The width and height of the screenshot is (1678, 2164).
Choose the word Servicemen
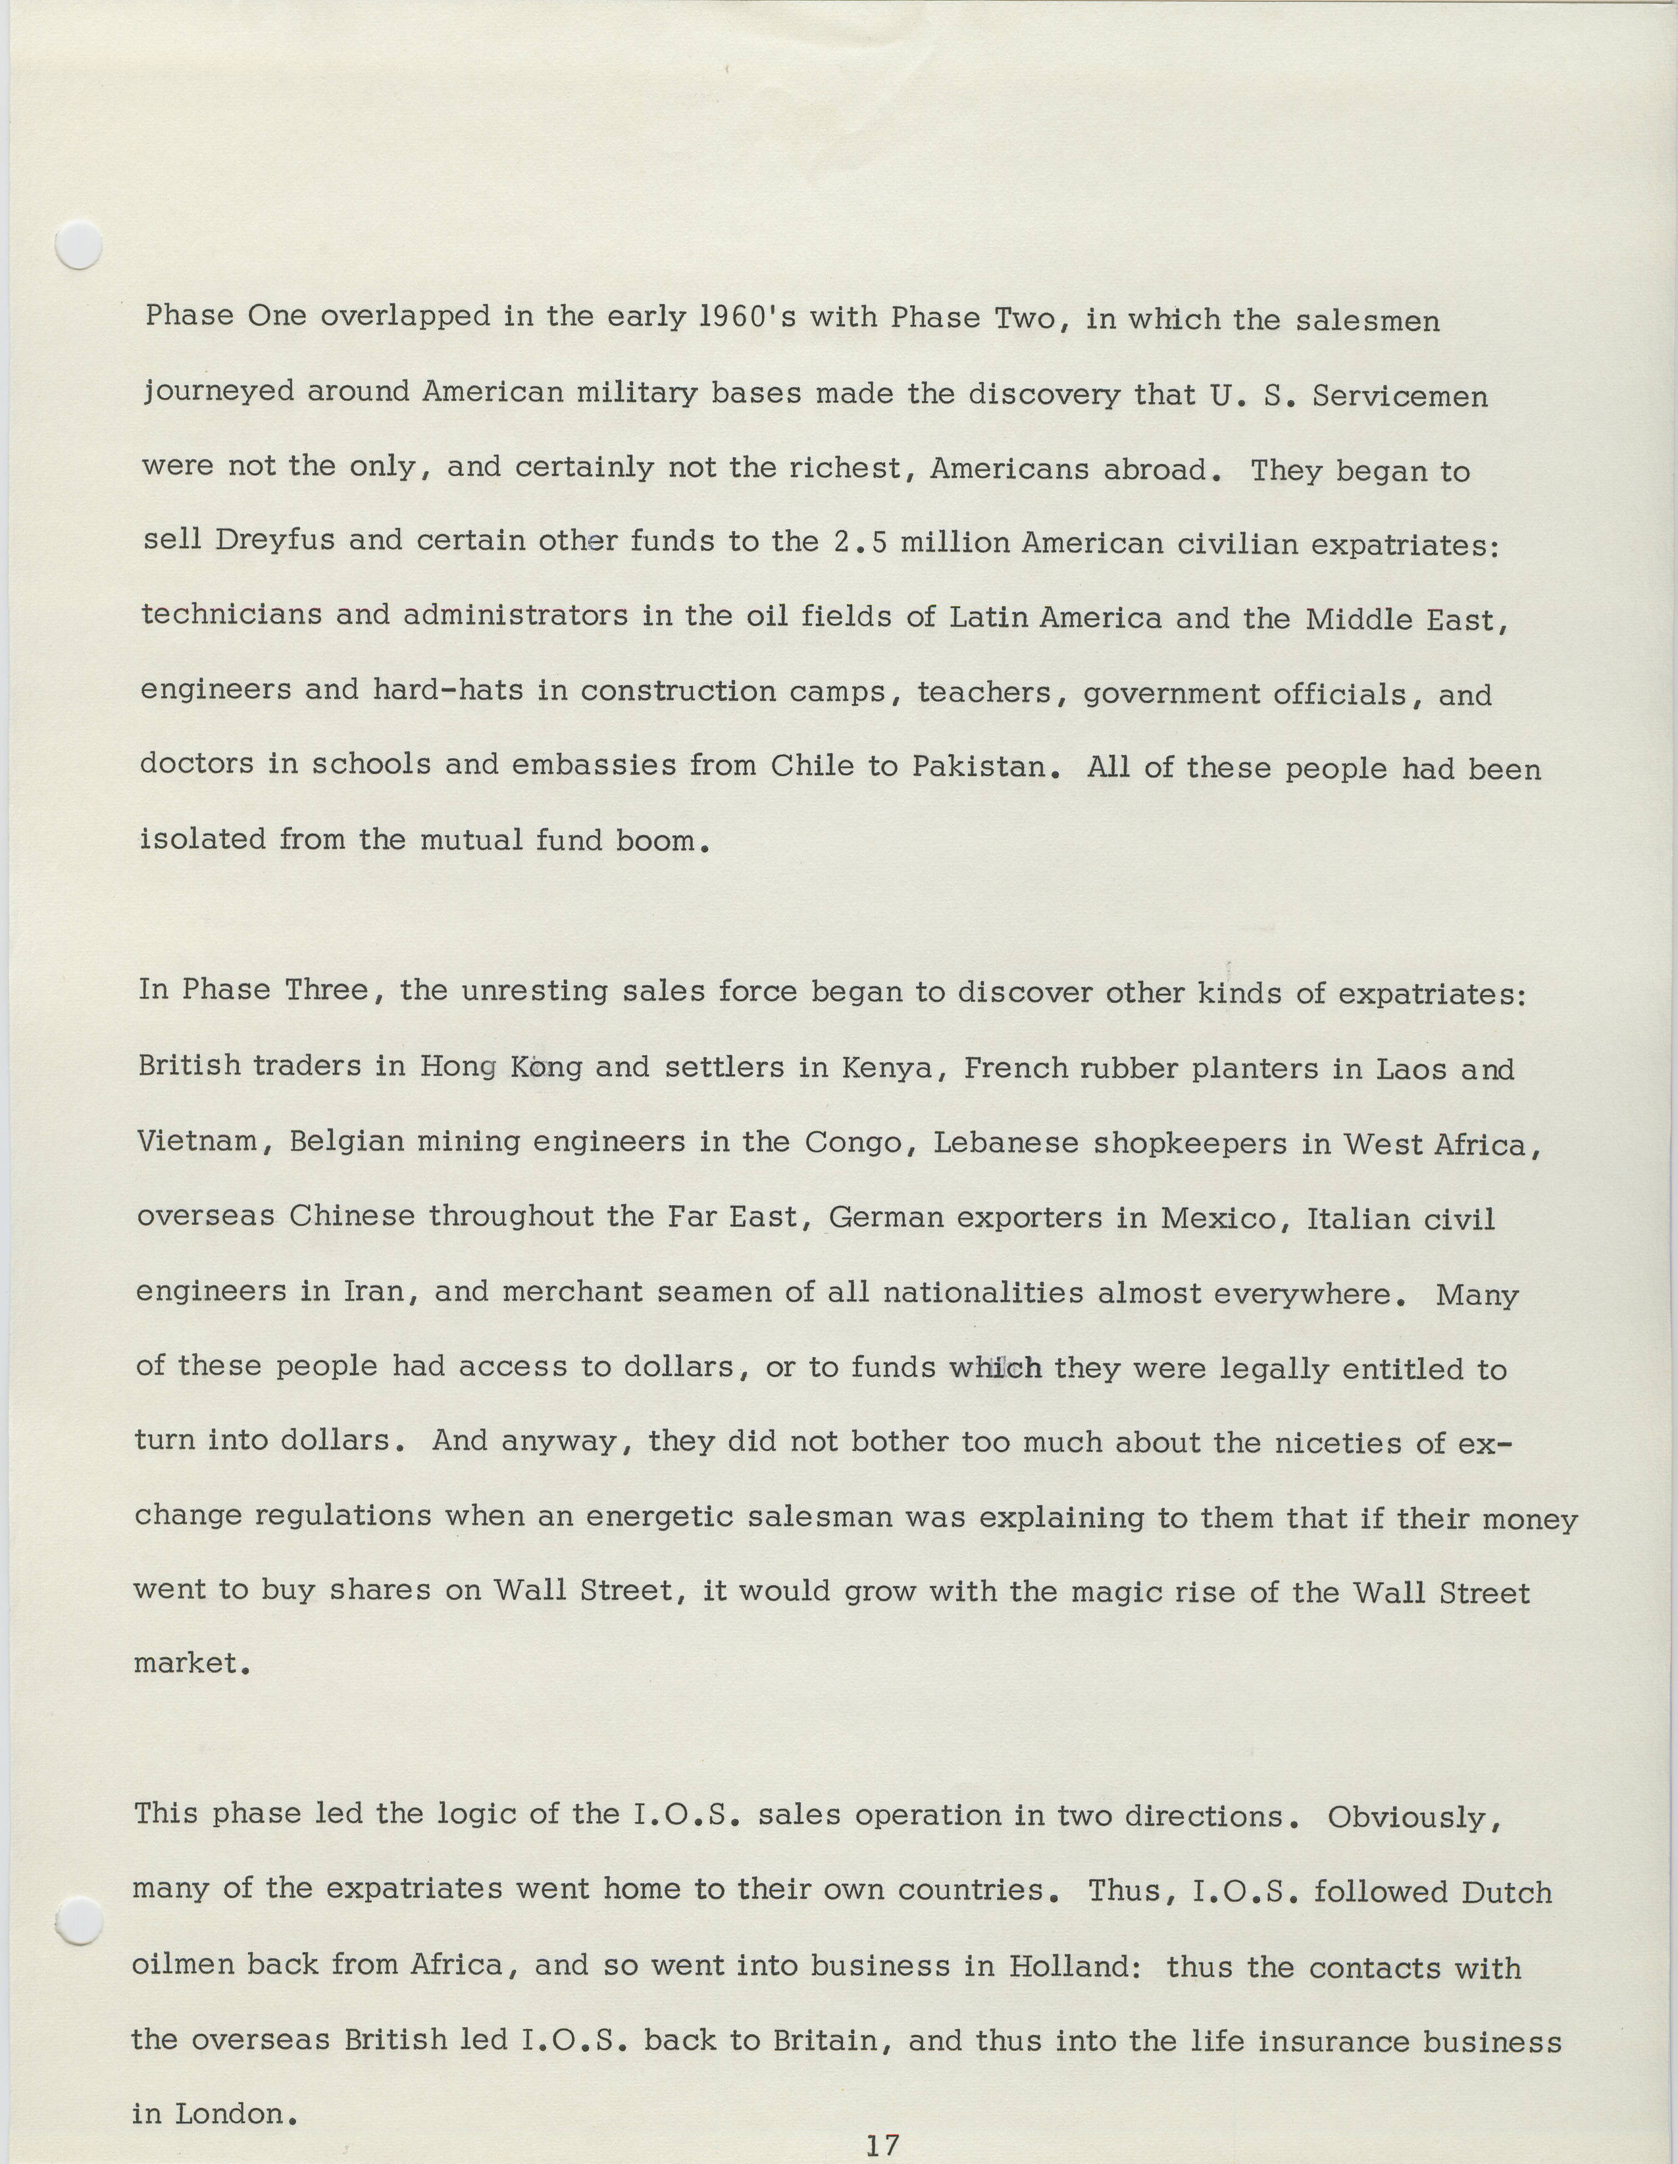tap(1400, 396)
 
